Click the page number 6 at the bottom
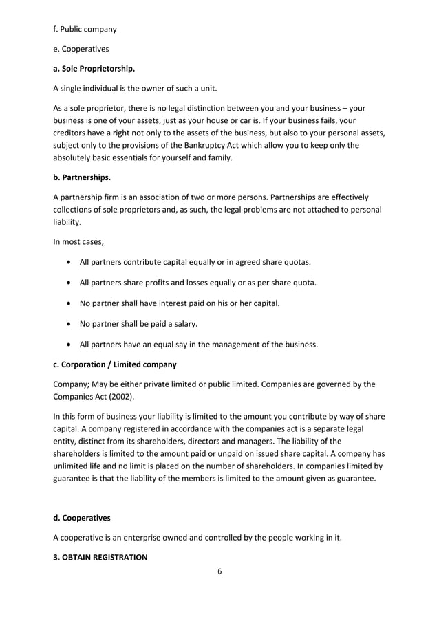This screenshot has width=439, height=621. pyautogui.click(x=219, y=571)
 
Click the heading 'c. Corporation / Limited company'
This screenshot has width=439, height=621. pyautogui.click(x=118, y=364)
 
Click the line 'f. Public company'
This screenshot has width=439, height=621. pyautogui.click(x=85, y=30)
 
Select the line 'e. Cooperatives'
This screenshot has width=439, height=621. pyautogui.click(x=81, y=50)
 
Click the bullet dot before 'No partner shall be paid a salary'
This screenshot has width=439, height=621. pyautogui.click(x=69, y=325)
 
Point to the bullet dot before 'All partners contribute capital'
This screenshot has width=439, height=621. pyautogui.click(x=69, y=263)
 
